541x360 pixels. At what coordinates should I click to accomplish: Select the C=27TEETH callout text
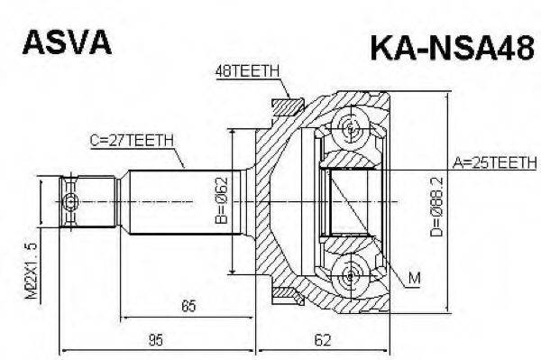[133, 140]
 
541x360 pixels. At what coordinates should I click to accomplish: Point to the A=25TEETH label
[492, 162]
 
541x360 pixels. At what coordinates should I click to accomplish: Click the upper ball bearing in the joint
[350, 129]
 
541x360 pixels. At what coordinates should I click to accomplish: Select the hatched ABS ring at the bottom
[287, 292]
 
